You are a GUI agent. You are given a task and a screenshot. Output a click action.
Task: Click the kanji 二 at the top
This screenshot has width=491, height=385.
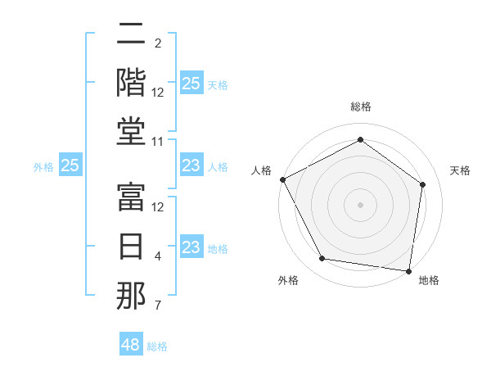coord(131,34)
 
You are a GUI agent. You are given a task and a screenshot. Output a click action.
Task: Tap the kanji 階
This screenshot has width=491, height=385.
coord(131,82)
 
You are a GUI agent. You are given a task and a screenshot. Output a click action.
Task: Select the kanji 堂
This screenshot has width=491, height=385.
coord(131,131)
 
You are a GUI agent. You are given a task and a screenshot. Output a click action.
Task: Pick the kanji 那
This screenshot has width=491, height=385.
coord(131,296)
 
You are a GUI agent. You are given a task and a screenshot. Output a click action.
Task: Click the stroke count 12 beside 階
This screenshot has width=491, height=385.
coord(158,93)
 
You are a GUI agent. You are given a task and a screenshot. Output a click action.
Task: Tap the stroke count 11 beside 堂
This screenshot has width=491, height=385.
coord(158,142)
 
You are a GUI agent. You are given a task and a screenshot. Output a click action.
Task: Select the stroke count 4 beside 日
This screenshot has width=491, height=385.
coord(158,256)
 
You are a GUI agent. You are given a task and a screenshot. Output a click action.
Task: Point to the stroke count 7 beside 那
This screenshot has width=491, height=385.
coord(158,306)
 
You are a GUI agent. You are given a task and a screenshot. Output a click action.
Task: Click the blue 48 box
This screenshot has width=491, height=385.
coord(131,345)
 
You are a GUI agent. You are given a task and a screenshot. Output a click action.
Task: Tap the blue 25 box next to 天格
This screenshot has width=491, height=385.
coord(191,84)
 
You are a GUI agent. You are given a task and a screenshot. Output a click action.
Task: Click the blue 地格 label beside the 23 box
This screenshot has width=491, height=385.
coord(218,248)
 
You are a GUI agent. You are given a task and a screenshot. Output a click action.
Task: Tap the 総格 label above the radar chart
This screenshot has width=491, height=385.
coord(360,106)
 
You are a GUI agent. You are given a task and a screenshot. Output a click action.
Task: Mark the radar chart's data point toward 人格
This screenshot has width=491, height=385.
coord(282,179)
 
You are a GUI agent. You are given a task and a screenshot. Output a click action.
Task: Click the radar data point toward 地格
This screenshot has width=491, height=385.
coord(409,270)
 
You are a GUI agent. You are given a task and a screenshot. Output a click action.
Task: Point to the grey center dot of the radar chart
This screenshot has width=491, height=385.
coord(360,204)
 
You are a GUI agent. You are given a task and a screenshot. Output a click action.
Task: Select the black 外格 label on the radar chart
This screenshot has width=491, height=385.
coord(288,280)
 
